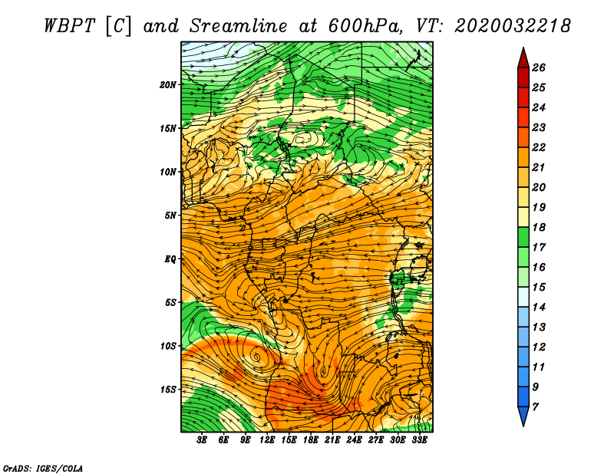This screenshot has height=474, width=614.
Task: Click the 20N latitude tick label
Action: tap(168, 85)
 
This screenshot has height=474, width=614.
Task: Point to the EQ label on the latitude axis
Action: tap(170, 259)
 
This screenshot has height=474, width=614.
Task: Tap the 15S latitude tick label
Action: tap(168, 390)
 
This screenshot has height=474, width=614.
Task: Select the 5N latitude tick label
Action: tap(170, 216)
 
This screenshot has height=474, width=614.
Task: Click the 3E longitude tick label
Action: tap(202, 440)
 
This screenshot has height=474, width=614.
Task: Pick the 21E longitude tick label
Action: tap(332, 440)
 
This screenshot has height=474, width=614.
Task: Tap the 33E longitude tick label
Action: tap(419, 440)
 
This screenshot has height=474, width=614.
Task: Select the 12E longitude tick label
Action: tap(266, 440)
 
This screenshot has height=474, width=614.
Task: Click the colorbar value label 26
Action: tap(539, 67)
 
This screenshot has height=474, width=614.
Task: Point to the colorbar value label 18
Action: tap(539, 227)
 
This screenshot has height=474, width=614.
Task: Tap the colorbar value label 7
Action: tap(535, 407)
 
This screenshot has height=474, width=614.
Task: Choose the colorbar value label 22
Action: tap(539, 147)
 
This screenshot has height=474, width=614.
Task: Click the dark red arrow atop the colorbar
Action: tap(523, 58)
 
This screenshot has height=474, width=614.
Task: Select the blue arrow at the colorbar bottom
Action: tap(523, 416)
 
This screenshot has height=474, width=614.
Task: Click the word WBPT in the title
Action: tap(69, 26)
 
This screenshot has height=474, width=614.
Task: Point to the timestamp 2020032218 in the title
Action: tap(513, 26)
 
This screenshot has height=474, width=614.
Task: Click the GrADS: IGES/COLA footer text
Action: tap(43, 468)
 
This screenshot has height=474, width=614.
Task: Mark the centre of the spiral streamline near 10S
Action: tap(257, 357)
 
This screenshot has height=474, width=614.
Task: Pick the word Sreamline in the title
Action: tap(239, 26)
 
